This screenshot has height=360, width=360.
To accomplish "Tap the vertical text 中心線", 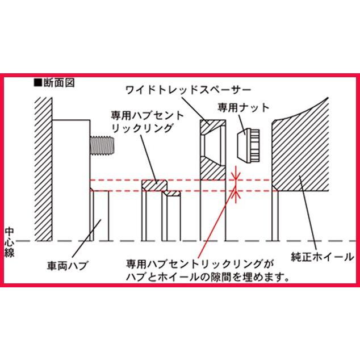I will (x=10, y=241).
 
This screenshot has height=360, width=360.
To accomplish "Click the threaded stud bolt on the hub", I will (x=102, y=146).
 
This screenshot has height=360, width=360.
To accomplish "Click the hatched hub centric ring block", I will (x=154, y=185).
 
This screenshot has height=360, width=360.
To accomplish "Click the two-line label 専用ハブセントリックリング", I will (x=147, y=122).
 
